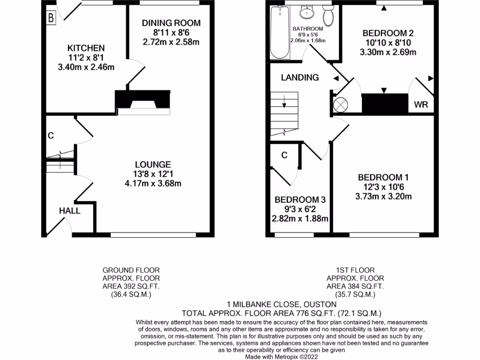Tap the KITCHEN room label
[86, 48]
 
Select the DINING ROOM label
[171, 23]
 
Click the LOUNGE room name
[152, 165]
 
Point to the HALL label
[69, 211]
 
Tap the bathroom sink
[307, 13]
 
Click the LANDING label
[300, 78]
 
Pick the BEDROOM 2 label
[388, 33]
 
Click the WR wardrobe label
[420, 104]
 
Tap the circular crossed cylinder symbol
[340, 105]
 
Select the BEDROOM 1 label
[383, 178]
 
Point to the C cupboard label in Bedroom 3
[284, 155]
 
